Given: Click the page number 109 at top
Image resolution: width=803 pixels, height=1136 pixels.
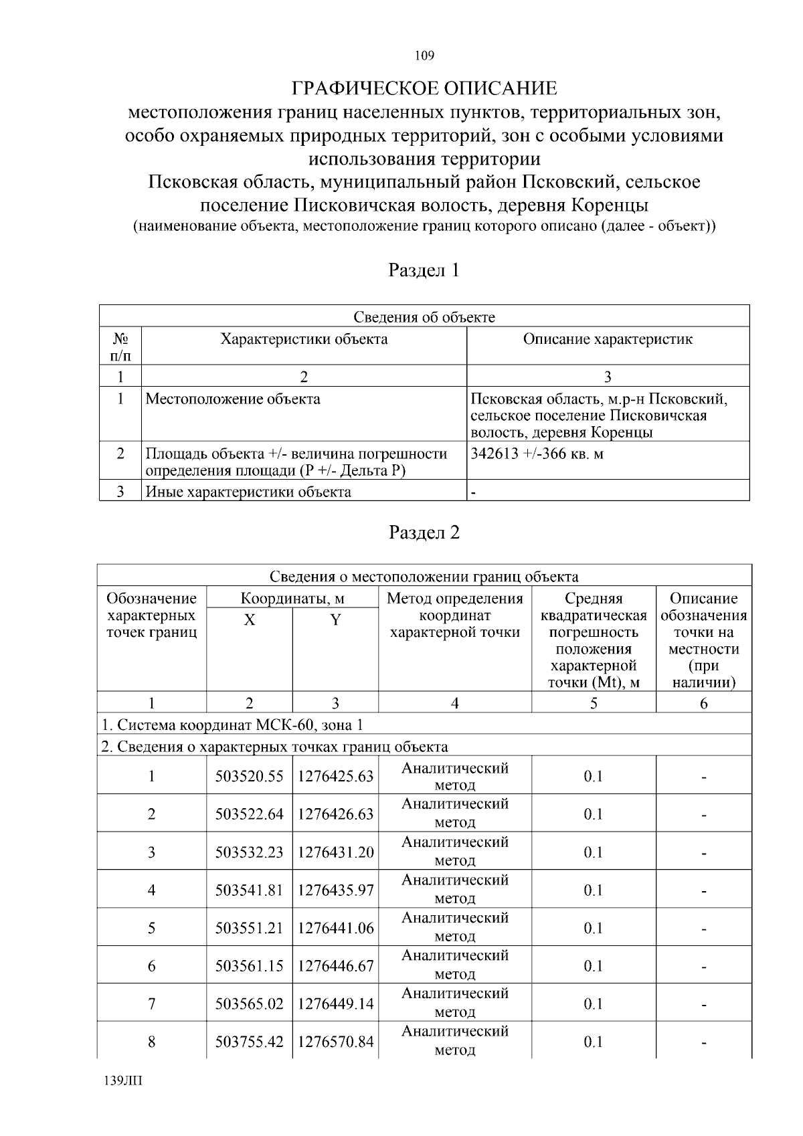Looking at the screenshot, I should (424, 56).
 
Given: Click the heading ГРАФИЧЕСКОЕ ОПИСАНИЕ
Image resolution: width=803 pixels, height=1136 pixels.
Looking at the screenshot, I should (424, 88).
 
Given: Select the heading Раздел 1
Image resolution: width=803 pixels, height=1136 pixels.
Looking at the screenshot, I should (424, 270).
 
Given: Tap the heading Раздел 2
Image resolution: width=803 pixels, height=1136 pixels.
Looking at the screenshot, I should (424, 533).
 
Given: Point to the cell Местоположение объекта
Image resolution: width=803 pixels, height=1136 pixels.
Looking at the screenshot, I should (233, 399).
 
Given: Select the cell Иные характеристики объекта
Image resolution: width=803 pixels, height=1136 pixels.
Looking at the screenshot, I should (248, 492).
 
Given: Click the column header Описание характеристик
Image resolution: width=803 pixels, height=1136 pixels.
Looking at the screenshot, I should (608, 339).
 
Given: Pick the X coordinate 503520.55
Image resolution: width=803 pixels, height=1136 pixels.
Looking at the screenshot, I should (249, 776).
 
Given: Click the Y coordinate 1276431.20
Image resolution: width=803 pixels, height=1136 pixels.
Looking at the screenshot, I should (335, 852).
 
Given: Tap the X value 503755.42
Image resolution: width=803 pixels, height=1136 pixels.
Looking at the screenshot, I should (249, 1042).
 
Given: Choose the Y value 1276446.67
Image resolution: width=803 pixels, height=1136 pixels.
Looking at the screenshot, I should (335, 966).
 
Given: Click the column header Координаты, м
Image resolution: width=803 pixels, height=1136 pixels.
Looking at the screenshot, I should (292, 598).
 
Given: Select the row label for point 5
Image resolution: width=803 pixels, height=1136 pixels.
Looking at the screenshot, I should (152, 928).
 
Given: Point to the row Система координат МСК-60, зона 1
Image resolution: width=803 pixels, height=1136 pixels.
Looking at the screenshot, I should (232, 725).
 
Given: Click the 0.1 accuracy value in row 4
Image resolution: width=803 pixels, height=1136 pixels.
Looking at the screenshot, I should (593, 890).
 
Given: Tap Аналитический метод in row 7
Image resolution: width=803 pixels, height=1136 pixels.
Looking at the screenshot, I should (455, 1004).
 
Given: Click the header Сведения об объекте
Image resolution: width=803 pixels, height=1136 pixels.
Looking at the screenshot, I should (424, 317).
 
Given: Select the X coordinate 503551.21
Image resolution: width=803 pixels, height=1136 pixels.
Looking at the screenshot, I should (249, 928).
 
